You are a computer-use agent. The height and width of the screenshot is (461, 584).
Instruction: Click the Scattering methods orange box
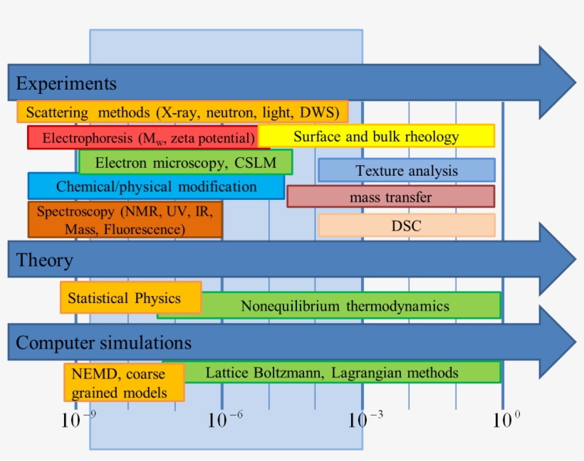[182, 112]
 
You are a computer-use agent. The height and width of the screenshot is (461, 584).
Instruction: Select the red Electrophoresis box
[142, 137]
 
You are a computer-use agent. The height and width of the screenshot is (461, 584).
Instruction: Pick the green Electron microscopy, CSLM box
[185, 162]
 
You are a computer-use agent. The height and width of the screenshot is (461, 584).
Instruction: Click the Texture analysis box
[407, 171]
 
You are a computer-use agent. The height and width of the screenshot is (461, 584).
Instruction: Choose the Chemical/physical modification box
[156, 186]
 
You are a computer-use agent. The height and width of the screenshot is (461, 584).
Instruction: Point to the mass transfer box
[390, 196]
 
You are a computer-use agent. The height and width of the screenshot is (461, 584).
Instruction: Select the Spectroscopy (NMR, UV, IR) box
[125, 220]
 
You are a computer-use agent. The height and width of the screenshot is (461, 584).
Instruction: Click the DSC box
[406, 226]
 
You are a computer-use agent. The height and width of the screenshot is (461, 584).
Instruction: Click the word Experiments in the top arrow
[66, 83]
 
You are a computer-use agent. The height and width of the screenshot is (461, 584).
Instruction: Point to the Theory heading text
[44, 260]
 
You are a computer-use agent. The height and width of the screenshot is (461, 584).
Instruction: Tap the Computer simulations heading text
[103, 343]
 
